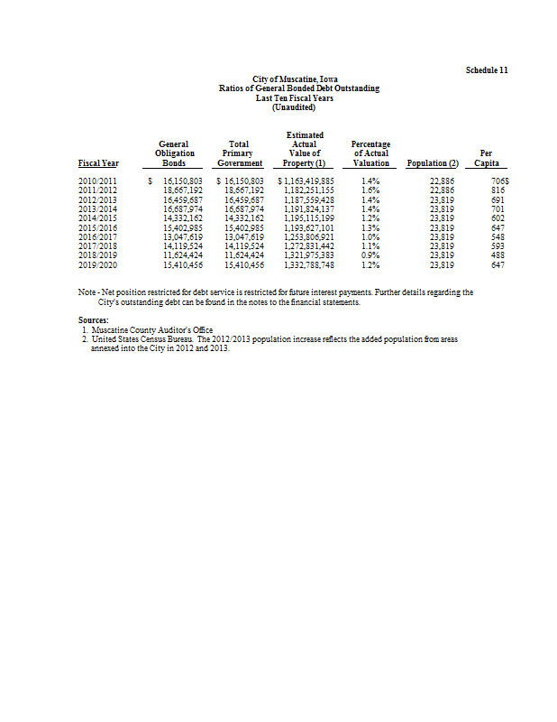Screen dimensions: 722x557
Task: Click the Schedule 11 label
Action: pyautogui.click(x=487, y=70)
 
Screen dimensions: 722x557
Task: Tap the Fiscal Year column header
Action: pyautogui.click(x=98, y=163)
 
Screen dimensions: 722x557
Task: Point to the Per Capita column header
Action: pyautogui.click(x=486, y=159)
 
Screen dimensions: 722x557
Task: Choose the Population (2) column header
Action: pyautogui.click(x=433, y=163)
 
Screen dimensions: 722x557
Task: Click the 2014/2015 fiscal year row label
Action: pyautogui.click(x=98, y=218)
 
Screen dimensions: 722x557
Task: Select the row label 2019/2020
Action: pyautogui.click(x=98, y=266)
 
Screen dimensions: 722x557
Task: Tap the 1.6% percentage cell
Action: pyautogui.click(x=370, y=190)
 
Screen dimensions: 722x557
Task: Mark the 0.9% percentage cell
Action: pyautogui.click(x=370, y=257)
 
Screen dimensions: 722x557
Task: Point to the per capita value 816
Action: pyautogui.click(x=497, y=190)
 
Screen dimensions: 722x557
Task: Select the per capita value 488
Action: pyautogui.click(x=497, y=257)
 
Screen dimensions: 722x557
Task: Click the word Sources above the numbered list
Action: pyautogui.click(x=93, y=320)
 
